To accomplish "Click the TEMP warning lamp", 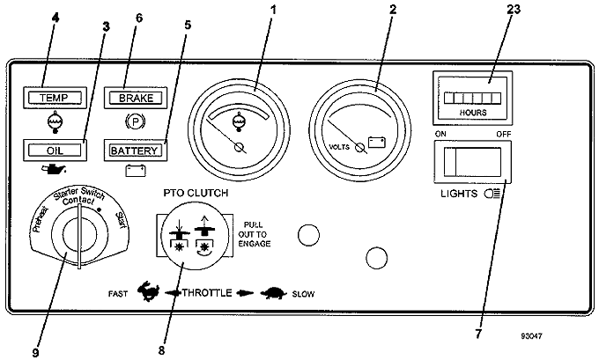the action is coord(55,98).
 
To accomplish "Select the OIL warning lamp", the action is coord(55,151).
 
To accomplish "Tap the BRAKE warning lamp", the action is coord(136,98).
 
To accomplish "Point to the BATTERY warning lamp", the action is coord(136,151).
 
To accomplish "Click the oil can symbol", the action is coord(54,169).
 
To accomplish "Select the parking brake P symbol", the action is coord(136,122).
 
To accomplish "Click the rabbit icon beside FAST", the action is coord(149,291).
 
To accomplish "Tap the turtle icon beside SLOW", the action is coord(274,293).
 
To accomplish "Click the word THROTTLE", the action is coord(207,293).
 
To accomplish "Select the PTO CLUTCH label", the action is coord(196,193).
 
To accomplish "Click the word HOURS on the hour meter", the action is coord(473,113).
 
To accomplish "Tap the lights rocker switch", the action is coord(472,162).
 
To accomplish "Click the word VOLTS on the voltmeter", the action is coord(339,147).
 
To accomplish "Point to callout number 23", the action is coord(513,9).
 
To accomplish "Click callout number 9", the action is coord(35,352).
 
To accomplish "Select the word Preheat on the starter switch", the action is coord(41,219).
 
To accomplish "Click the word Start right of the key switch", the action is coord(121,220).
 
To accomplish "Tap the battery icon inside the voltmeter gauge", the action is coord(377,142).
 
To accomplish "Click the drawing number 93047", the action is coord(531,336).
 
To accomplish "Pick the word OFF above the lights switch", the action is coord(504,135).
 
